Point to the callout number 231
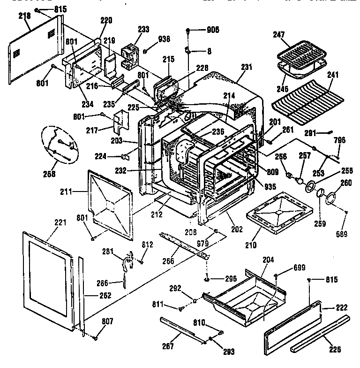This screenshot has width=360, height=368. point(247,67)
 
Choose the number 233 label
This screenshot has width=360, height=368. point(143,29)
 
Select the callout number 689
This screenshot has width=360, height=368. point(345,234)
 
